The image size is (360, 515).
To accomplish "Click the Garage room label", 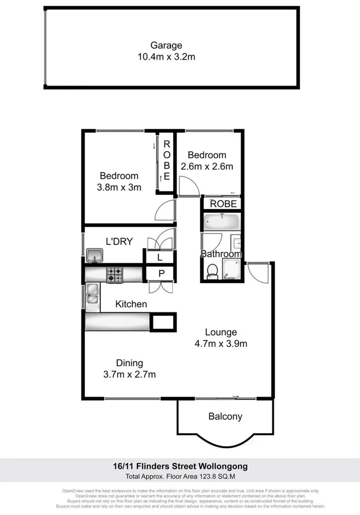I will [x=166, y=46].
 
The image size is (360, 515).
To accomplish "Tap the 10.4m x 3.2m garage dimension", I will [x=166, y=57].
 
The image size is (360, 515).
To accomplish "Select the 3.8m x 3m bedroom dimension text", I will [x=119, y=187].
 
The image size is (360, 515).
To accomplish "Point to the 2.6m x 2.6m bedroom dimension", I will [x=206, y=166].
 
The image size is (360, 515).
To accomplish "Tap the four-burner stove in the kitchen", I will [x=115, y=274].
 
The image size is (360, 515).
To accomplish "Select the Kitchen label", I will [x=131, y=304].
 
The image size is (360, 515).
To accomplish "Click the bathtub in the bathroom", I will [x=221, y=222].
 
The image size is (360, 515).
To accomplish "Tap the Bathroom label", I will [x=221, y=254].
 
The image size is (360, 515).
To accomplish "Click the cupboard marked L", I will [x=160, y=257].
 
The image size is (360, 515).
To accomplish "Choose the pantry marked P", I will [x=160, y=273].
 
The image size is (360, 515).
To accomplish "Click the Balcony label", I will [x=225, y=416].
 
